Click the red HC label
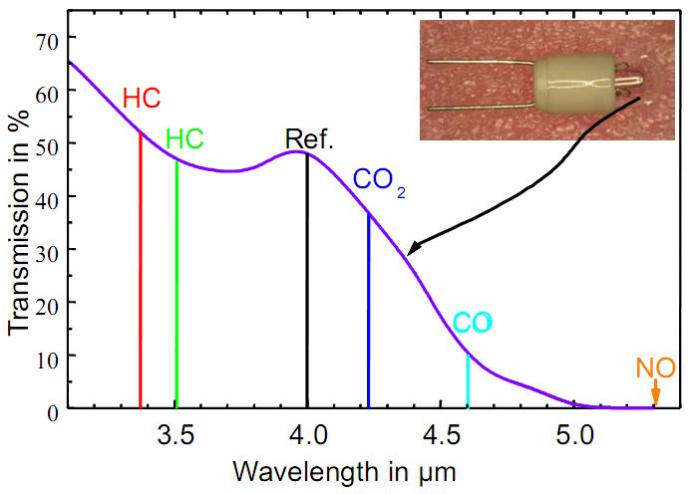(142, 98)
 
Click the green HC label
(184, 138)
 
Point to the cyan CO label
(472, 323)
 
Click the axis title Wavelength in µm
(344, 468)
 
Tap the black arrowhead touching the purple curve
(414, 249)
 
